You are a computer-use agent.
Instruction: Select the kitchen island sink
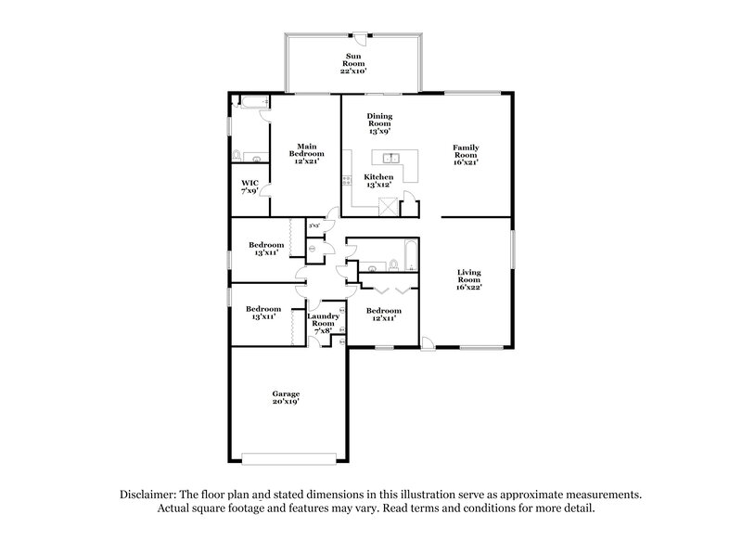coord(392,158)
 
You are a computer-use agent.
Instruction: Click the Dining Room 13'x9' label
coord(379,122)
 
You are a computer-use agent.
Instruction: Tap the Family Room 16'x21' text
coord(465,154)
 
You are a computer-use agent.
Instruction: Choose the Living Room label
coord(468,279)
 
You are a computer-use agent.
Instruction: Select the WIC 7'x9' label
coord(249,186)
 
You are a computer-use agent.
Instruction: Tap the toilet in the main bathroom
coord(237,155)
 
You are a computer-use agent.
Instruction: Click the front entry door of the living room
coord(428,345)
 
